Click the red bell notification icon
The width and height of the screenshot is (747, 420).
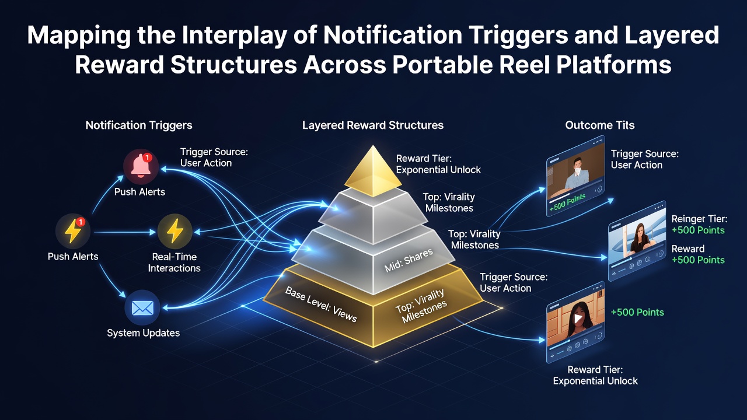click(x=141, y=166)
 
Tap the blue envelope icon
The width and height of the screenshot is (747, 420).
click(x=142, y=307)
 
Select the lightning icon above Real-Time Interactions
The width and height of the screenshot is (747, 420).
click(x=174, y=231)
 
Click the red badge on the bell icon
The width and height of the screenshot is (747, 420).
click(x=148, y=157)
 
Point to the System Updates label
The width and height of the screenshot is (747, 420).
click(x=144, y=332)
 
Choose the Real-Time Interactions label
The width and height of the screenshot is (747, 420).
click(x=174, y=262)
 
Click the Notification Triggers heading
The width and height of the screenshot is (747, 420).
click(x=139, y=125)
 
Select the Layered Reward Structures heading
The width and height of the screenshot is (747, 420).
click(x=373, y=125)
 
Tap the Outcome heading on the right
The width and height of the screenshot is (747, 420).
click(x=600, y=125)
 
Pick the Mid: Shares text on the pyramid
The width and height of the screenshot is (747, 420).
click(x=409, y=260)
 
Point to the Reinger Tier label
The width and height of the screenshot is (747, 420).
click(x=699, y=219)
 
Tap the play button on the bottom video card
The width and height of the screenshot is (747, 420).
click(x=578, y=318)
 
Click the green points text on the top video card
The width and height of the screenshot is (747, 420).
click(x=567, y=202)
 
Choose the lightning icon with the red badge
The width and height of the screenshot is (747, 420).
click(x=73, y=231)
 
